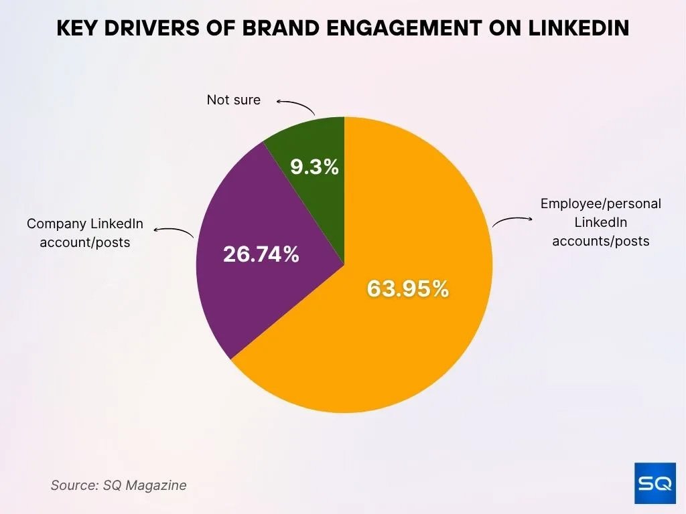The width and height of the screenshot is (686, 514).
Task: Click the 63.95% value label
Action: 407,289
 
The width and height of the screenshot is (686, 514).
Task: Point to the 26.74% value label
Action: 261,254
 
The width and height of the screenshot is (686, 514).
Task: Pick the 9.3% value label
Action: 314,167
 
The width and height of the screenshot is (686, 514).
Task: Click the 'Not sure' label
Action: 233,100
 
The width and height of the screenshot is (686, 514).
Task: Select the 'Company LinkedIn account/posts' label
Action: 84,233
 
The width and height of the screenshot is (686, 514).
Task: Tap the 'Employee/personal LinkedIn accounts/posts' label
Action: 600,222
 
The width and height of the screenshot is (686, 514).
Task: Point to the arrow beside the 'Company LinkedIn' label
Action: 174,232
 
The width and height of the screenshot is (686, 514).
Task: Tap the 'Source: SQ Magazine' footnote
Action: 119,485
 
